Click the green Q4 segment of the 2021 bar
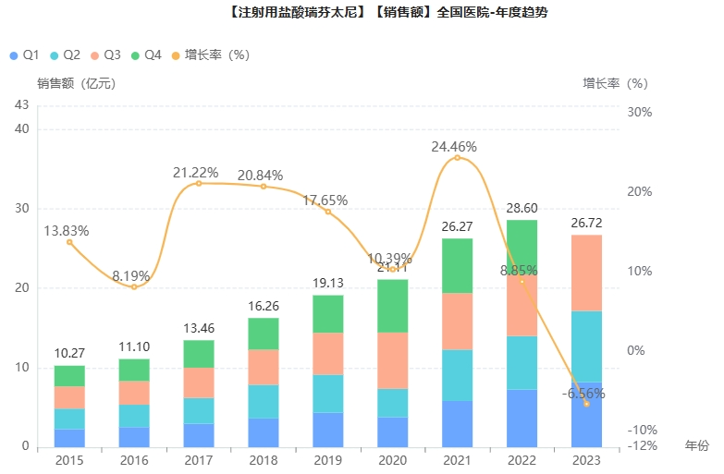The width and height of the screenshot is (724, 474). point(457,266)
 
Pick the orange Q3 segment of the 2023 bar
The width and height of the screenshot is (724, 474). point(586,273)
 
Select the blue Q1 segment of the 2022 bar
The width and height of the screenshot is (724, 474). point(522,419)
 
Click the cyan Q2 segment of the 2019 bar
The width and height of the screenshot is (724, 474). point(328,394)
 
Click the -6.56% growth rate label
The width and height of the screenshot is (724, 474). point(583,394)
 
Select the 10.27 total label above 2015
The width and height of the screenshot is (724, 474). point(69,354)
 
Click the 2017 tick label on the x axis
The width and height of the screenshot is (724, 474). point(199,459)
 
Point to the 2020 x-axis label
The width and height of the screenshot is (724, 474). point(393,459)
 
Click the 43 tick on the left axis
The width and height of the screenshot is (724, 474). point(22,105)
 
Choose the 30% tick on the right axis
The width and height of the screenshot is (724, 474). point(639,112)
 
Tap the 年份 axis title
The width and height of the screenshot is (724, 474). point(696,445)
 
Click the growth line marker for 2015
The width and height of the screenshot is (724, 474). point(69,242)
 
